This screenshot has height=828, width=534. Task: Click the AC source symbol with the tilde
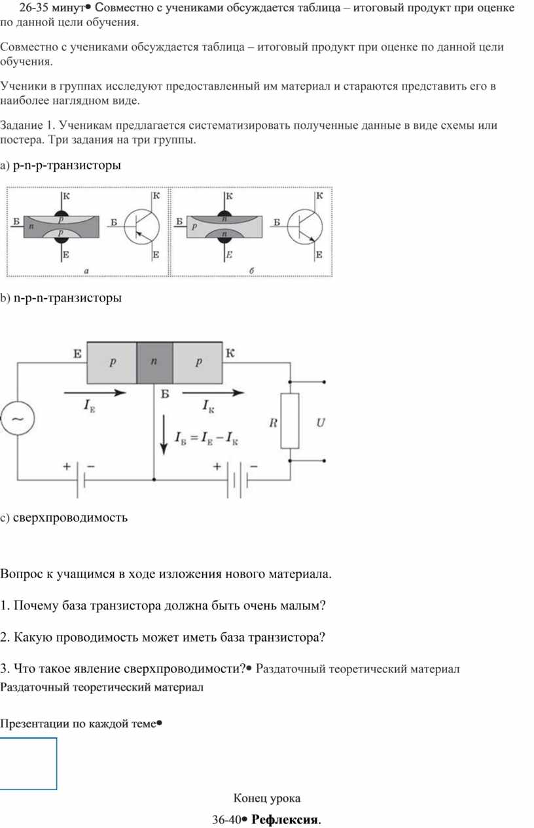(18, 419)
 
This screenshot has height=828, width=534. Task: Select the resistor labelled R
(290, 421)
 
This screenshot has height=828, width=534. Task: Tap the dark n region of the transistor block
(154, 362)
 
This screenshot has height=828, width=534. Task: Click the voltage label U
(320, 422)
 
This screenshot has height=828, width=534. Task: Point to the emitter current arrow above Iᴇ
(95, 392)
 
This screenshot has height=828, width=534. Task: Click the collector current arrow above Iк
(213, 392)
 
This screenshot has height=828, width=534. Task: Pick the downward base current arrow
(164, 435)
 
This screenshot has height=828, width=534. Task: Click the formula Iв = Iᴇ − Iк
(206, 438)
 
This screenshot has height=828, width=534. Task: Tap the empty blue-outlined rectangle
(29, 763)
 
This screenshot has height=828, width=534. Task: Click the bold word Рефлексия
(286, 819)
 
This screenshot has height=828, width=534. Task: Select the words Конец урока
(266, 798)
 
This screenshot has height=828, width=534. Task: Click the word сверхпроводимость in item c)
(70, 517)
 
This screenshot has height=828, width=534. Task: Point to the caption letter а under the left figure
(86, 271)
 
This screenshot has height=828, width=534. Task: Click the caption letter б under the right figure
(251, 271)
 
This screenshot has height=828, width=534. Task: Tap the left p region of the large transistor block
(112, 362)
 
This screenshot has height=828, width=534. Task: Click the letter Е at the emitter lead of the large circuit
(77, 354)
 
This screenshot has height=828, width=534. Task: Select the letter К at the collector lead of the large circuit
(230, 353)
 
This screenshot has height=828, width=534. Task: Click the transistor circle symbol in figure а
(141, 227)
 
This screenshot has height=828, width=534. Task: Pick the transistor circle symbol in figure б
(305, 227)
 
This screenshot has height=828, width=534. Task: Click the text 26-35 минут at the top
(52, 7)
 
